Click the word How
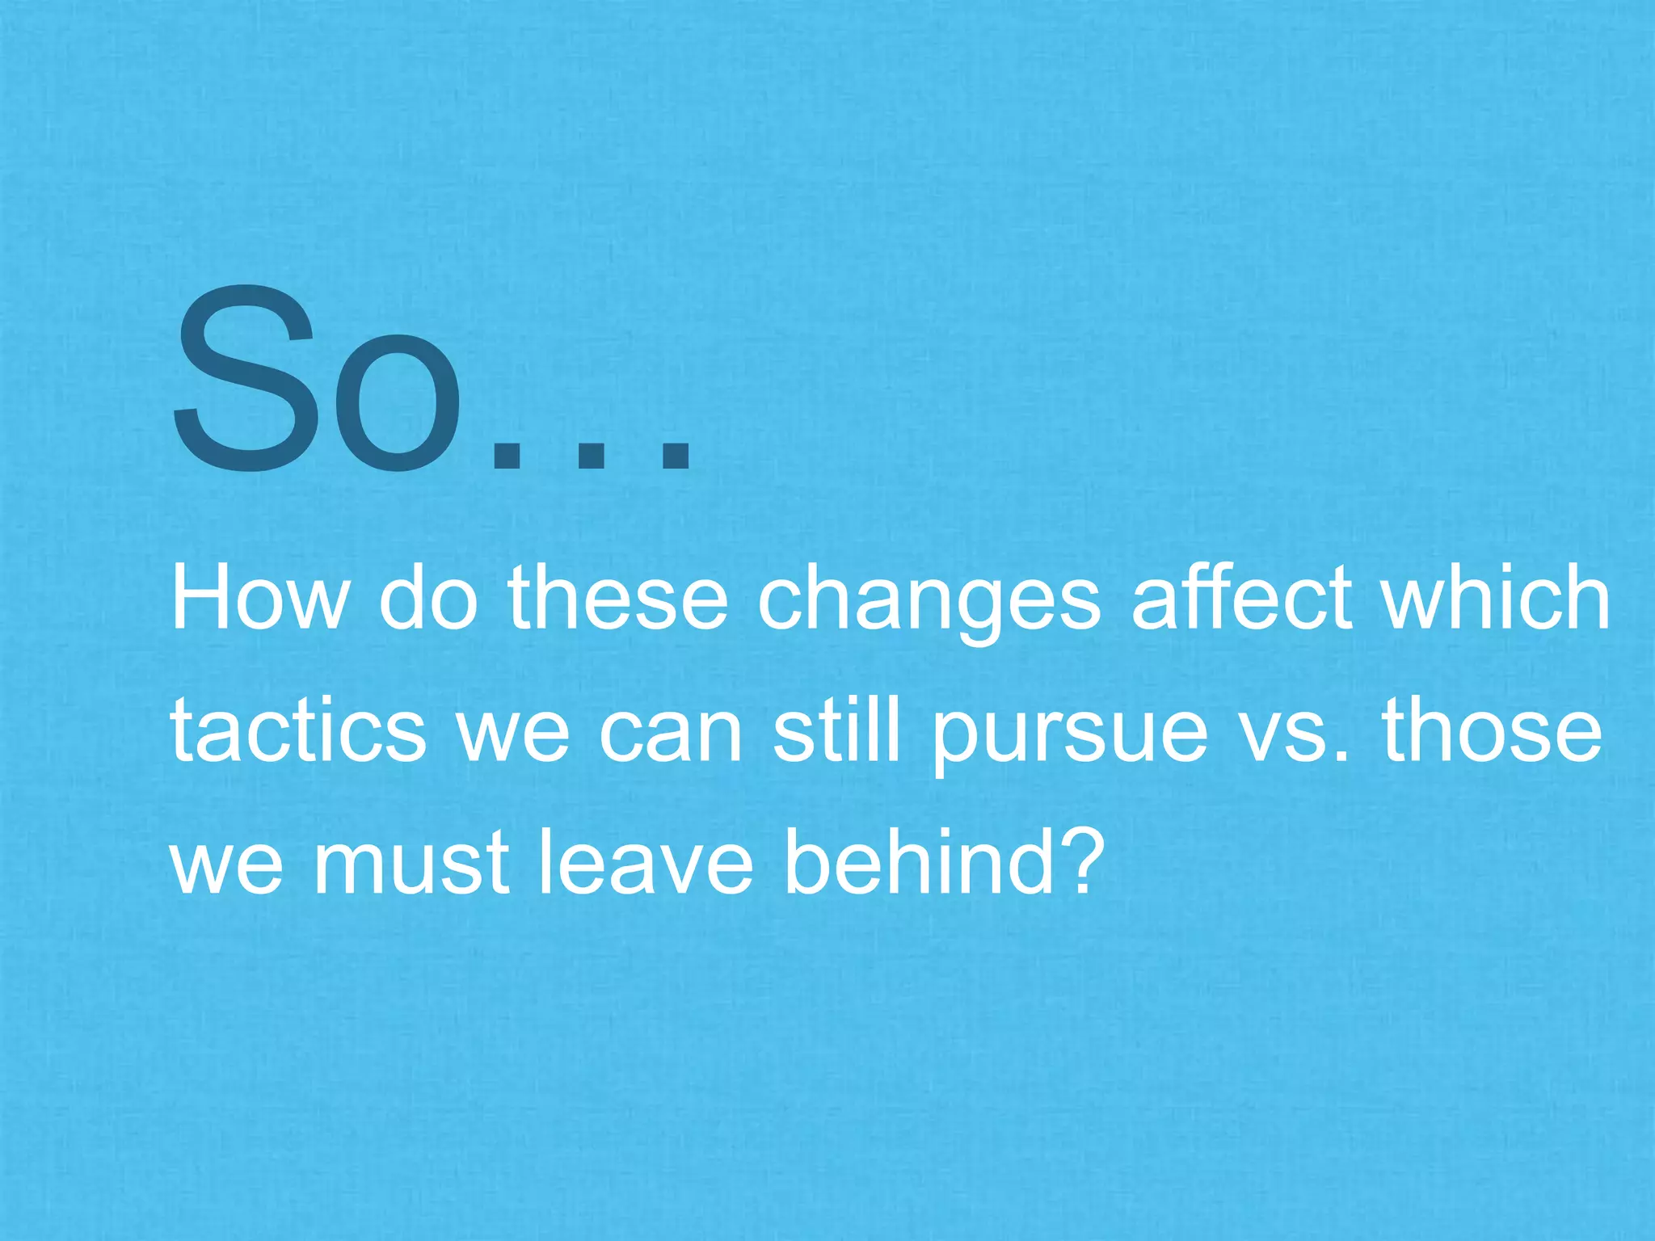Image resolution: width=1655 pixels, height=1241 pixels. click(x=259, y=598)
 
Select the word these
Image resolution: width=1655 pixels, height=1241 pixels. click(x=617, y=598)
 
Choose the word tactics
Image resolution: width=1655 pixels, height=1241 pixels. click(x=298, y=731)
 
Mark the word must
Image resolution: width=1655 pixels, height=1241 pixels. click(x=411, y=864)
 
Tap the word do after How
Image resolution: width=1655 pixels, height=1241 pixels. click(x=428, y=598)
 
